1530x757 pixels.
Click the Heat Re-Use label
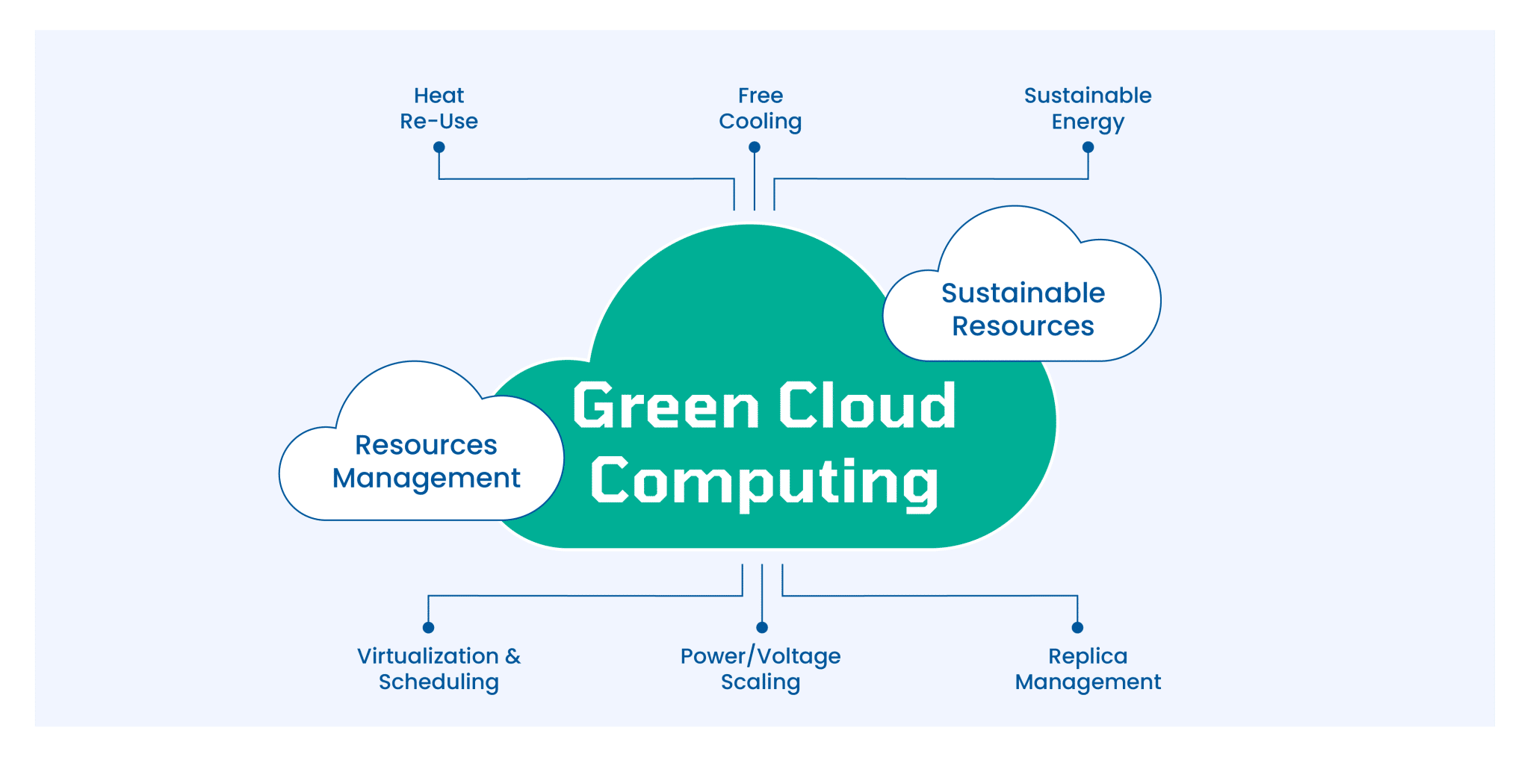tap(439, 108)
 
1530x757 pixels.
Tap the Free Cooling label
tap(761, 108)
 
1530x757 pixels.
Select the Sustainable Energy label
tap(1088, 108)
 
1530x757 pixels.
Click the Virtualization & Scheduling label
tap(439, 669)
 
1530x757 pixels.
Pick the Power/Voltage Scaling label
tap(761, 669)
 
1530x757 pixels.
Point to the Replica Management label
tap(1088, 669)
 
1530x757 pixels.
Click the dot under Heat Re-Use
tap(439, 147)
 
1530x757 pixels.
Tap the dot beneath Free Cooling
tap(755, 147)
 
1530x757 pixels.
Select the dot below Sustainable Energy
tap(1088, 147)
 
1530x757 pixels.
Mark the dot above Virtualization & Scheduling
tap(428, 627)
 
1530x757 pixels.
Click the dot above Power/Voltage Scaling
tap(762, 627)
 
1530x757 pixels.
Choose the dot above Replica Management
tap(1077, 627)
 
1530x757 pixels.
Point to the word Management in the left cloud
tap(426, 479)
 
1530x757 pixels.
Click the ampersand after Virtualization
tap(512, 656)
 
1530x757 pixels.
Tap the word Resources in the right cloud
tap(1023, 326)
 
